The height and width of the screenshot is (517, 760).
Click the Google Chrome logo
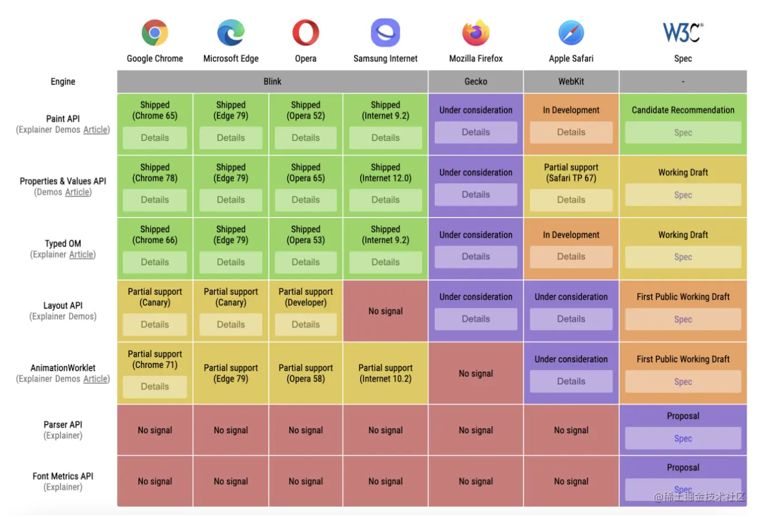pos(155,33)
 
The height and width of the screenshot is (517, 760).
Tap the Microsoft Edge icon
pos(231,33)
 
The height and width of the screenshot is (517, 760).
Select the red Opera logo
pos(306,33)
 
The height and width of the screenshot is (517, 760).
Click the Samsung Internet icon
pos(385,33)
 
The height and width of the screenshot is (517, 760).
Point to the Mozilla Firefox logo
pos(476,33)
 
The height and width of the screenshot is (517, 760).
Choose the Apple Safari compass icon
pos(571,33)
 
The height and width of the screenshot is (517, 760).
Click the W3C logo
pos(683,33)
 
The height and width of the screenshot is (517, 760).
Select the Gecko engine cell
pos(476,81)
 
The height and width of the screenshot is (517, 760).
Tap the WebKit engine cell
pos(571,81)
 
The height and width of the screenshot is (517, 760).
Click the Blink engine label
pos(272,81)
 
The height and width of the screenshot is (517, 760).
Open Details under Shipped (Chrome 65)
pos(155,138)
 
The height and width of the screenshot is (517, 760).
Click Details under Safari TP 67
pos(571,200)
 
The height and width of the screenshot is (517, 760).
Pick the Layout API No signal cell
pos(385,311)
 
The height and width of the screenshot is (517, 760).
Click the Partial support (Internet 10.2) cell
pos(385,374)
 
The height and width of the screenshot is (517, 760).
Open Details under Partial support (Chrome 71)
pos(155,387)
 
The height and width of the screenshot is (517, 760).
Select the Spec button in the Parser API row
pos(683,438)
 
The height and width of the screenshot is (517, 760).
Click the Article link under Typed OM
pos(81,254)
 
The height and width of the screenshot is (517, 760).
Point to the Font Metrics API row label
pos(63,476)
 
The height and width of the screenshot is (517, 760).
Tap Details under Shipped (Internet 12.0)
pos(385,200)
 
